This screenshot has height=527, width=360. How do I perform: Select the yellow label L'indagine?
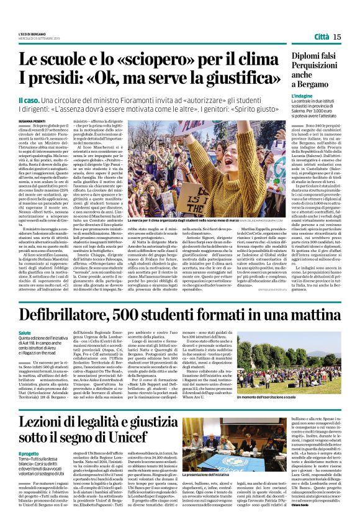(x=303, y=97)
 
